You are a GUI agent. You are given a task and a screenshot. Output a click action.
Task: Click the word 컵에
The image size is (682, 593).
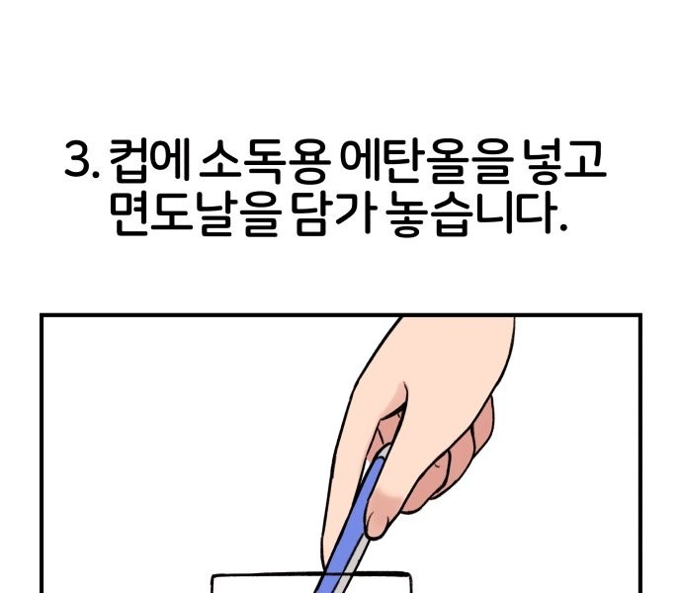(x=148, y=159)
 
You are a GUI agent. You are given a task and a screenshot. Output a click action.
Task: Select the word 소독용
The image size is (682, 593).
(x=263, y=160)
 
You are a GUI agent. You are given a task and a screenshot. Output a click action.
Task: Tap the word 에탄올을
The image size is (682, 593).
(x=423, y=160)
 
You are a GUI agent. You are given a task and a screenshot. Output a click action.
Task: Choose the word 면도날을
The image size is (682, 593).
(x=195, y=214)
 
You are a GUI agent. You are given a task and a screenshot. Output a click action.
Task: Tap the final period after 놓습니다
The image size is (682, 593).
(x=563, y=228)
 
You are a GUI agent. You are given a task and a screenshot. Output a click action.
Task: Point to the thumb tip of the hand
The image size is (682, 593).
(x=378, y=528)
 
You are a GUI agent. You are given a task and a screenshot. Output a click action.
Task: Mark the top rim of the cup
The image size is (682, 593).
(x=311, y=575)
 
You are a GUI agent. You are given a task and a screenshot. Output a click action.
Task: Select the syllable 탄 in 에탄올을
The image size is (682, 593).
(x=402, y=160)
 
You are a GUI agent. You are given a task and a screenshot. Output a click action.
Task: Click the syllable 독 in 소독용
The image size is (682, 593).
(x=263, y=160)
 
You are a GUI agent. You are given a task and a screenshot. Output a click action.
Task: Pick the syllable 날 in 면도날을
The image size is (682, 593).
(x=215, y=214)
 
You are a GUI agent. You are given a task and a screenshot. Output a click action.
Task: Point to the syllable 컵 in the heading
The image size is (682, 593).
(x=128, y=160)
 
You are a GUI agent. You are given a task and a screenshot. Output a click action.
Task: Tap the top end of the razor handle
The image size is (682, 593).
(x=384, y=449)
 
